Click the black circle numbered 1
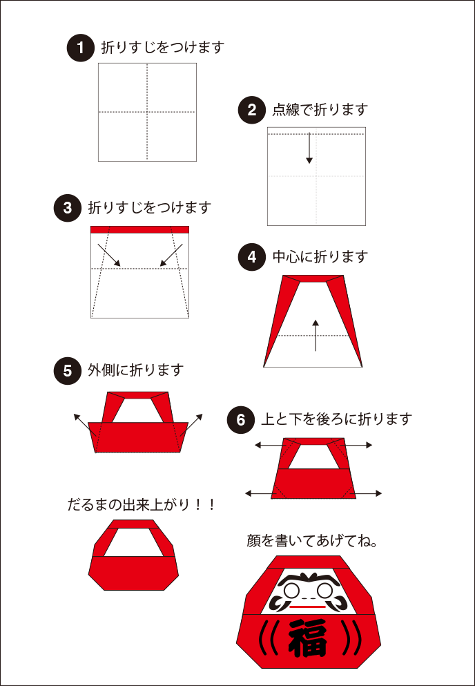(80, 48)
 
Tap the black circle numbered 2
(251, 110)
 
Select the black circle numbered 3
(67, 208)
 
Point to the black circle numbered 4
(251, 257)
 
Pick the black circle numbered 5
(67, 371)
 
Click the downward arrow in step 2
(309, 149)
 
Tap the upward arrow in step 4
(316, 335)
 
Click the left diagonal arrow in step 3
(109, 255)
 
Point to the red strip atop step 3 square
(139, 229)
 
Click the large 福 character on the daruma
(308, 636)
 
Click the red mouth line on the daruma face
(308, 606)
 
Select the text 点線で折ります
(320, 110)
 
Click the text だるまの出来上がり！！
(142, 505)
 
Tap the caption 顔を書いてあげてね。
(312, 541)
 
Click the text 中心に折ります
(320, 257)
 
